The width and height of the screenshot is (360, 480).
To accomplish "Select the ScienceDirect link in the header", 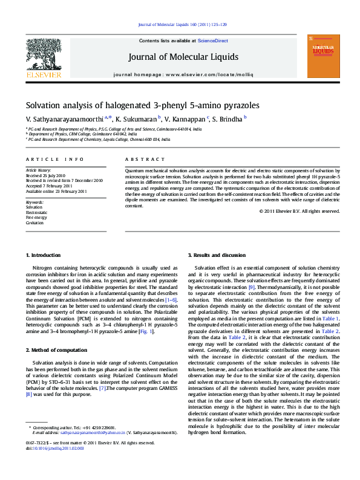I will point(213,41).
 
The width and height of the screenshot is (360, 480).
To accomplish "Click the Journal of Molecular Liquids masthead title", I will point(183,57).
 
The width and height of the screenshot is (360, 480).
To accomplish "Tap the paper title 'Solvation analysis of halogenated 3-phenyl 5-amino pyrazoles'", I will point(142,105).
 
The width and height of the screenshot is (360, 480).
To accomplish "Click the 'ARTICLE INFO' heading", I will point(54,159).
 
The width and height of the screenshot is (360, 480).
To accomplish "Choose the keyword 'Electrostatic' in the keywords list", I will point(36,213).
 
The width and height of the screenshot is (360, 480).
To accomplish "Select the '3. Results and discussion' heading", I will point(217,256).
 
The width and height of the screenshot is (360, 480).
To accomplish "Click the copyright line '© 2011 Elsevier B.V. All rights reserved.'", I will point(299,212).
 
